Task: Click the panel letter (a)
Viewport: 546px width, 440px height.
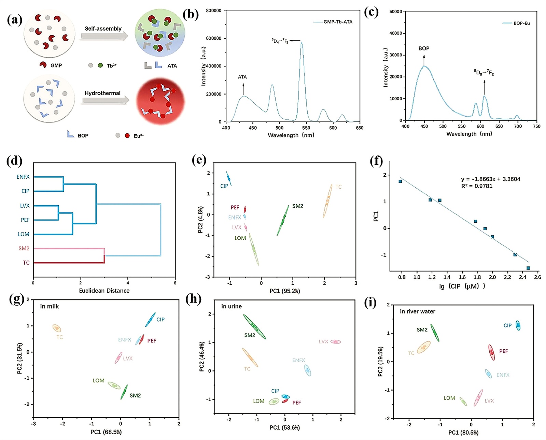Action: coord(14,20)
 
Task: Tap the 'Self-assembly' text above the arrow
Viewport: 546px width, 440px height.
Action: coord(103,29)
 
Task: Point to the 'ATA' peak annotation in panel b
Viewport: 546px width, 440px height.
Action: coord(242,77)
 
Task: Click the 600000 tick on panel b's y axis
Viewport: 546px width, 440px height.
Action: coord(213,39)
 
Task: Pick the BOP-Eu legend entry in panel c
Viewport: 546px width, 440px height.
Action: coord(516,23)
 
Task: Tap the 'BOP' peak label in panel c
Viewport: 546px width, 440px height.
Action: coord(424,48)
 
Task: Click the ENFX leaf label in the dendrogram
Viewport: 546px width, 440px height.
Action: coord(23,177)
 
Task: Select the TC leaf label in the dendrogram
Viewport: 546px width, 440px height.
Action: coord(26,263)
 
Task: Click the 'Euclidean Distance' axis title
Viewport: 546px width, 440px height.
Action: coord(104,291)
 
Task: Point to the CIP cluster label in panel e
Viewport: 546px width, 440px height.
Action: coord(224,186)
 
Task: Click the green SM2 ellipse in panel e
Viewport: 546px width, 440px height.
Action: coord(283,220)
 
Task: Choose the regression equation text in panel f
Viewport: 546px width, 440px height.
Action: coord(490,179)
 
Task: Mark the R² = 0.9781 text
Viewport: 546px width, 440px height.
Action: coord(477,186)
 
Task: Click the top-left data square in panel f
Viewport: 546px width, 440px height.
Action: coord(400,181)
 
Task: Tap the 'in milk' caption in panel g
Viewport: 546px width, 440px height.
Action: coord(50,306)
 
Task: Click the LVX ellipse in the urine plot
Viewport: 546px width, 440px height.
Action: coord(336,341)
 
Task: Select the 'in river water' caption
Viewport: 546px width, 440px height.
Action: coord(417,311)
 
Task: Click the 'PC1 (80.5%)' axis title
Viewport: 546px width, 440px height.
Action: coord(463,432)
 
